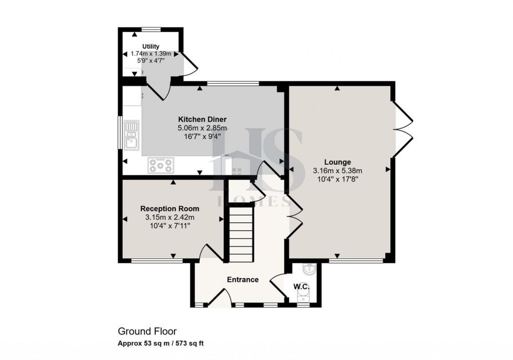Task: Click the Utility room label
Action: tap(150, 46)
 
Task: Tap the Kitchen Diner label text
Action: tap(202, 120)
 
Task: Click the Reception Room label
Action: tap(169, 209)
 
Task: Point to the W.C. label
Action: tap(301, 287)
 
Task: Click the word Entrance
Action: tap(242, 279)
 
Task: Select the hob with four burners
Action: tap(160, 165)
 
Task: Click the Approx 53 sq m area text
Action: tap(160, 343)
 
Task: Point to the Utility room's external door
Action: tap(190, 65)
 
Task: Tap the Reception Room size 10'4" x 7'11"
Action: tap(169, 226)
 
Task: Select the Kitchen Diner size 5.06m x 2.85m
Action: tap(202, 128)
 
